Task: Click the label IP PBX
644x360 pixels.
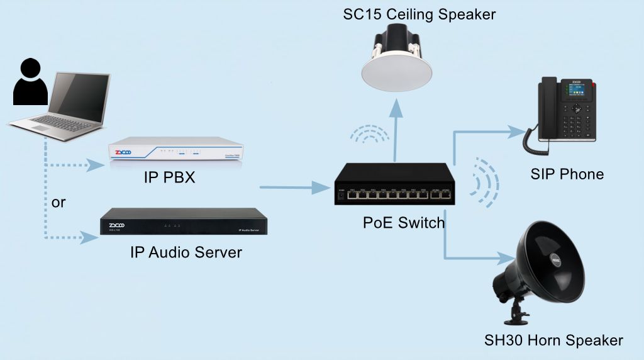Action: coord(170,178)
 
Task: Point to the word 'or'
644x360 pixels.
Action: coord(58,203)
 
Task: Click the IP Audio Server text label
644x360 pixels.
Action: coord(186,253)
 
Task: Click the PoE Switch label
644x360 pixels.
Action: coord(403,223)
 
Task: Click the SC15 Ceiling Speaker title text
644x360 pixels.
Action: coord(419,14)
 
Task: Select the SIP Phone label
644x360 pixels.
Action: coord(567,174)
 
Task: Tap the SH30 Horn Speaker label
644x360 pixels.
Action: coord(553,340)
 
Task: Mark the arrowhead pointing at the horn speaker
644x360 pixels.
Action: coord(508,257)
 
